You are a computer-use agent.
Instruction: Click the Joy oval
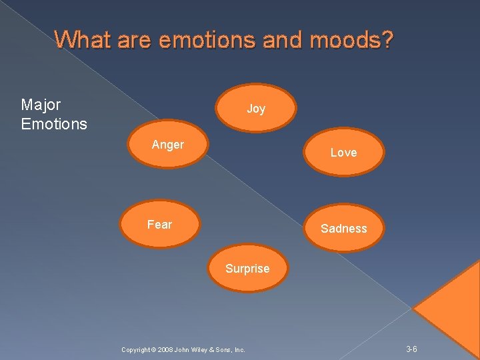[256, 108]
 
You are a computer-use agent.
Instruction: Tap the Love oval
[343, 152]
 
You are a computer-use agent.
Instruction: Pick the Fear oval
[159, 225]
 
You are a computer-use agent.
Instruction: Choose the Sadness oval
[343, 229]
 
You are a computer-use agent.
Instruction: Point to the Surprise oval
[247, 268]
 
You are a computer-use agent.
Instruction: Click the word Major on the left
[41, 105]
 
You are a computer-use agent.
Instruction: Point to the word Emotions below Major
[54, 124]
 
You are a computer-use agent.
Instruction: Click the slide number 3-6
[412, 349]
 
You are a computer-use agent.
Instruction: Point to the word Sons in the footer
[226, 350]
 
